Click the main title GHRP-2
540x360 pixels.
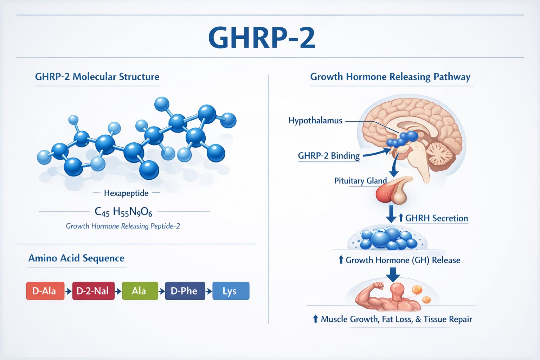click(262, 38)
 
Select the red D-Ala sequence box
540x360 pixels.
click(45, 291)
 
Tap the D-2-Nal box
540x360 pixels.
click(93, 291)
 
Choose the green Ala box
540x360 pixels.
click(140, 291)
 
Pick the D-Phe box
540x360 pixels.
click(185, 291)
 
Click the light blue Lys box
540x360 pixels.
click(231, 291)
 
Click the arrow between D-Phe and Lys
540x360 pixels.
click(209, 291)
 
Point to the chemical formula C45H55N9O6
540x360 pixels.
click(123, 212)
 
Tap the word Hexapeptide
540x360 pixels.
click(126, 193)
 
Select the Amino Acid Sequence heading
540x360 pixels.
click(76, 258)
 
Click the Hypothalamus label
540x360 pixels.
click(315, 121)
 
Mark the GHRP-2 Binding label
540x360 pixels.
click(329, 156)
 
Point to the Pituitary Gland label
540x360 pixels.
click(360, 181)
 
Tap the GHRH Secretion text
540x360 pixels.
click(436, 218)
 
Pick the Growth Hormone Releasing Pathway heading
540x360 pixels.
click(390, 77)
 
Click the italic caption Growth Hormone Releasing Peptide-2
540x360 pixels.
click(123, 226)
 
